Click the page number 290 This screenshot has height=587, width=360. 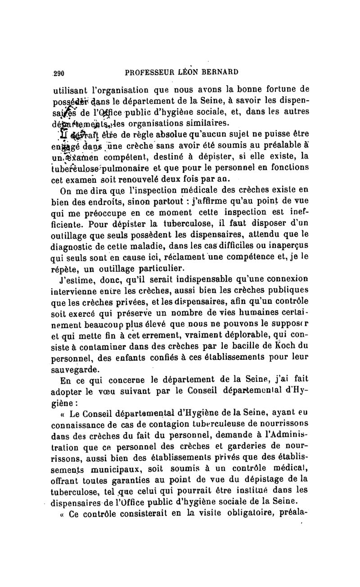click(x=59, y=72)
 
